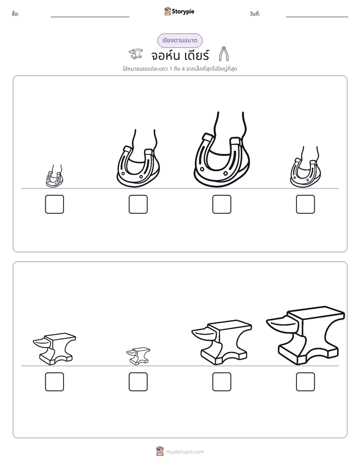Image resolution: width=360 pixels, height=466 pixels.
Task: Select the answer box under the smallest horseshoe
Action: pos(54,204)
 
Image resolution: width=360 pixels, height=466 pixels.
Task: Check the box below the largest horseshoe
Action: pos(221,204)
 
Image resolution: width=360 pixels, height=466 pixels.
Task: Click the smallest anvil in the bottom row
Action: pos(138,356)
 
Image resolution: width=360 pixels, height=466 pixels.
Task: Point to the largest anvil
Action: pos(306,335)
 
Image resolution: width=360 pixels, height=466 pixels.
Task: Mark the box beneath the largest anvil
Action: pos(306,382)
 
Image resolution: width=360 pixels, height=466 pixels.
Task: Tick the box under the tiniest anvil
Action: pos(138,382)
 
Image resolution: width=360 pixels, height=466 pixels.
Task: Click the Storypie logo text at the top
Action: pos(183,11)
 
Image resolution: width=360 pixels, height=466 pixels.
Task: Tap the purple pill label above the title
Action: pos(179,40)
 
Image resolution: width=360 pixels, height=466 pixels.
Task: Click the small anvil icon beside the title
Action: pos(136,54)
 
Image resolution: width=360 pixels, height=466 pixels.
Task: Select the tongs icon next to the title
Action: pos(224,54)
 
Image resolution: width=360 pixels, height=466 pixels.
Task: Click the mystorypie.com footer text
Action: pos(185,452)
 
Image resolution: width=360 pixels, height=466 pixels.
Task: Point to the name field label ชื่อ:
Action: pos(15,14)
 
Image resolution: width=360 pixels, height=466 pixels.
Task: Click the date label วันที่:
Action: pos(255,14)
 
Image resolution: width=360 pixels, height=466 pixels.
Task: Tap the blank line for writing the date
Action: pos(317,17)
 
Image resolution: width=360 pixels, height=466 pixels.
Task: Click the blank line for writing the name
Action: pos(90,17)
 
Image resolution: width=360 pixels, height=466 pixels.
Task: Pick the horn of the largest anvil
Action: pos(281,324)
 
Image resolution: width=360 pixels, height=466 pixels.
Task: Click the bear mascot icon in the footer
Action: pos(160,451)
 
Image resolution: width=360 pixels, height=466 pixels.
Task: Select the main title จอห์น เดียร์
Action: pos(180,55)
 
